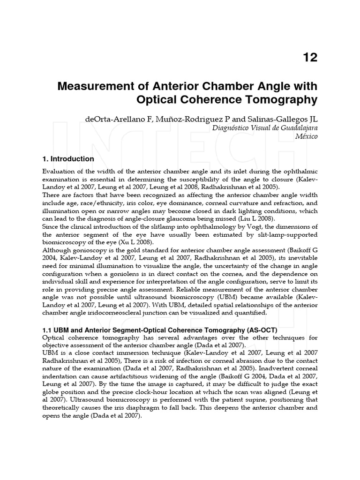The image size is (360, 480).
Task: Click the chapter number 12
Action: [310, 57]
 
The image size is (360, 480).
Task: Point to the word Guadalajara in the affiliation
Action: [294, 127]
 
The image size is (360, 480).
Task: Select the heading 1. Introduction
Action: [68, 159]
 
